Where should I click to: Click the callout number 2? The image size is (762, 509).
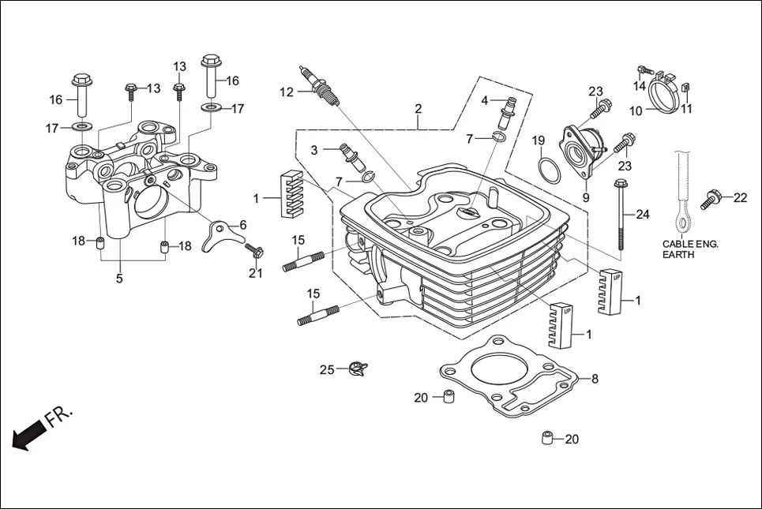[419, 109]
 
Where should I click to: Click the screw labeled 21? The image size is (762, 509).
[255, 253]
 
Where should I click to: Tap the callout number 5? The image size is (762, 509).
[120, 279]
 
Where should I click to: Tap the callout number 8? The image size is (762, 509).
[595, 378]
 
